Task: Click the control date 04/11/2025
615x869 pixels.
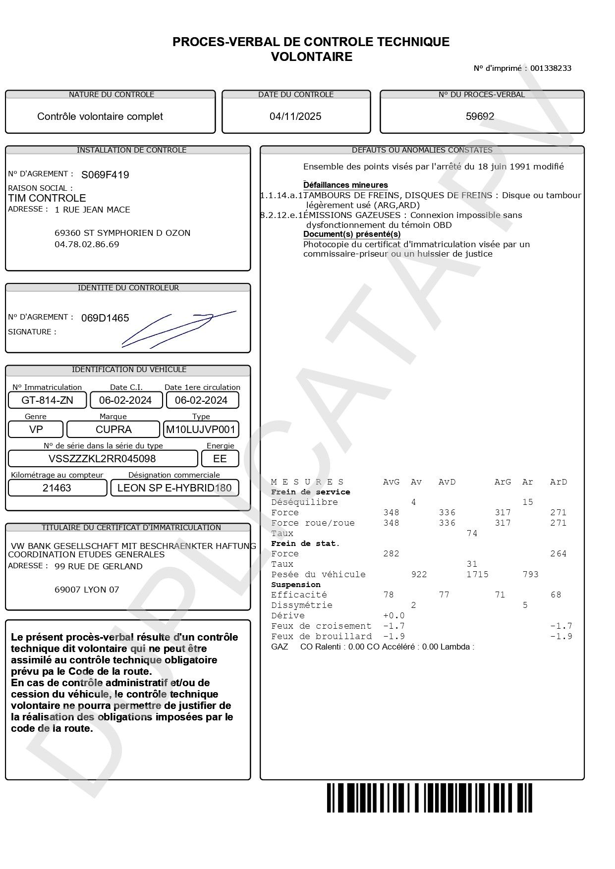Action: click(x=295, y=116)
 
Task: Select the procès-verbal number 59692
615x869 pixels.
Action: click(x=480, y=116)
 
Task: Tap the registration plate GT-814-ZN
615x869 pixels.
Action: click(x=48, y=400)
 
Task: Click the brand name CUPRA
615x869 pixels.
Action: click(x=113, y=430)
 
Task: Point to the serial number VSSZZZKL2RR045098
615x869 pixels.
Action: click(x=102, y=459)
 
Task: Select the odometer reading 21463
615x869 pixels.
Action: click(x=57, y=488)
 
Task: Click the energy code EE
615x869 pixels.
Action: click(x=220, y=459)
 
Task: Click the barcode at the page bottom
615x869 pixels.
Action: click(x=429, y=798)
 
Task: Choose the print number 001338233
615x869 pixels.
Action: click(x=551, y=68)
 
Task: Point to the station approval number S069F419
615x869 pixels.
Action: click(x=105, y=175)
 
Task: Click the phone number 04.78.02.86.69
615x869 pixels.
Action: click(x=87, y=244)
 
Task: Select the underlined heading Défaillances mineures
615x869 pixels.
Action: click(x=345, y=185)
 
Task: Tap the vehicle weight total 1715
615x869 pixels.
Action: click(x=477, y=575)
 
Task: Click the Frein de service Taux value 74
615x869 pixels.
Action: click(x=472, y=534)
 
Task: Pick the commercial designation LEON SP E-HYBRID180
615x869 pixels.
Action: click(x=174, y=488)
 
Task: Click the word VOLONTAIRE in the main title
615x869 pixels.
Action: click(x=311, y=57)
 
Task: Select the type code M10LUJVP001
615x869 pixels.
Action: click(x=201, y=430)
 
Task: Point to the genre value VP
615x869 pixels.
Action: click(x=36, y=430)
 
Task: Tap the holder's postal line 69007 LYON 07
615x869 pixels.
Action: click(x=87, y=590)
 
